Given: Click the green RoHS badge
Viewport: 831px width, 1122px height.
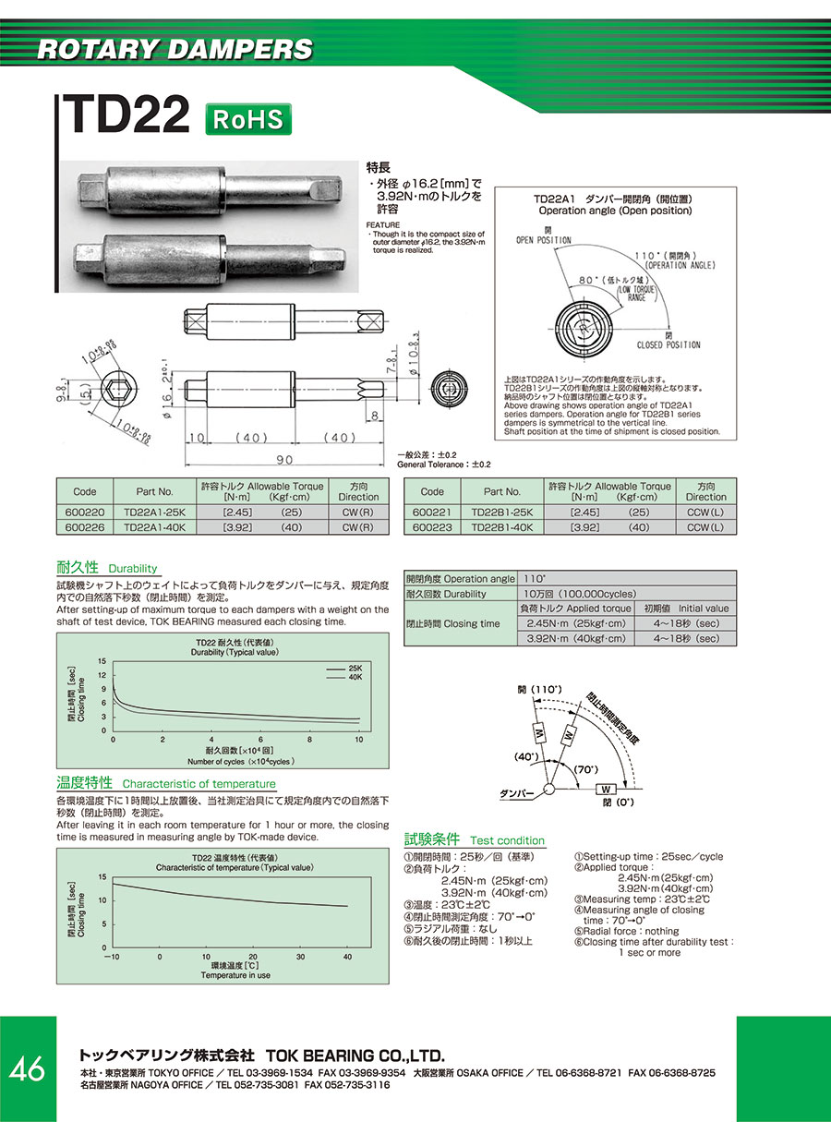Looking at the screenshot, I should pyautogui.click(x=247, y=120).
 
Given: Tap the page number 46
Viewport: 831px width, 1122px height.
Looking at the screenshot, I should pyautogui.click(x=27, y=1068).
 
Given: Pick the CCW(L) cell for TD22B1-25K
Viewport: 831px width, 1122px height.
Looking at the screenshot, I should pyautogui.click(x=705, y=512).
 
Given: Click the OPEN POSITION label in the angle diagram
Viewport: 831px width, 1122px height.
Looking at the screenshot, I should pyautogui.click(x=544, y=240).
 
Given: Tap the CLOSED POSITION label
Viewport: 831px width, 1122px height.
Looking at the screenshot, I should pyautogui.click(x=668, y=344).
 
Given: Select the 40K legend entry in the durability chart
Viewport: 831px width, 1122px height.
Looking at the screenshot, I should pyautogui.click(x=355, y=677).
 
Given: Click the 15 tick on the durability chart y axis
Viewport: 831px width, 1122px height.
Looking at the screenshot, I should pyautogui.click(x=103, y=660).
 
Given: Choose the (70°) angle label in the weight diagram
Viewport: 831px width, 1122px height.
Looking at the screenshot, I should pyautogui.click(x=586, y=768).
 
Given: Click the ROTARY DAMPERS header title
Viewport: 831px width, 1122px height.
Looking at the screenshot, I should pyautogui.click(x=175, y=49).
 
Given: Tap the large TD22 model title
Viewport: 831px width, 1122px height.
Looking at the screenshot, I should pyautogui.click(x=126, y=116).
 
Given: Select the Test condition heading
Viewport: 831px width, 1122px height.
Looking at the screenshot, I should pyautogui.click(x=507, y=840).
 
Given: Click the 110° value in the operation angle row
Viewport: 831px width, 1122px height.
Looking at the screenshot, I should pyautogui.click(x=535, y=578).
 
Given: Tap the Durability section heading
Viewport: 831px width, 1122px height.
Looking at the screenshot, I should pyautogui.click(x=133, y=569).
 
